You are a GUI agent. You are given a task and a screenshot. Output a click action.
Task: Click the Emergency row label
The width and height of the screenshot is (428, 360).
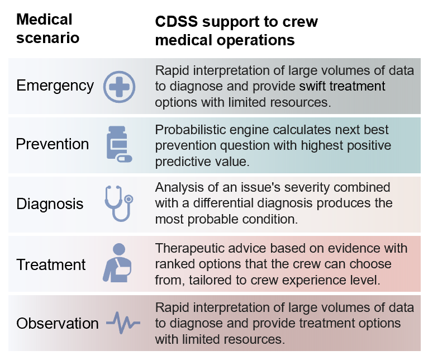point(55,86)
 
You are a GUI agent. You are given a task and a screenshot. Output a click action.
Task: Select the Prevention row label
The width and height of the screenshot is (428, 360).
point(52,144)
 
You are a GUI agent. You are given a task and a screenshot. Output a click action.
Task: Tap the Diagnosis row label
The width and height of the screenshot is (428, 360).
point(50,203)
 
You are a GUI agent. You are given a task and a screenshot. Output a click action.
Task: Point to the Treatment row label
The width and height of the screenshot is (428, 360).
point(51,264)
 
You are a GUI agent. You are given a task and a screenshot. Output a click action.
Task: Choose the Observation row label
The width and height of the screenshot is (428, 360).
point(57,323)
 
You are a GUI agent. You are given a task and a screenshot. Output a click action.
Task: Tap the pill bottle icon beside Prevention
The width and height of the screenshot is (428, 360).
point(119,144)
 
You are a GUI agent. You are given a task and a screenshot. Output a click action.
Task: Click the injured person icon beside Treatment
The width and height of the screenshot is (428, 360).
point(118,263)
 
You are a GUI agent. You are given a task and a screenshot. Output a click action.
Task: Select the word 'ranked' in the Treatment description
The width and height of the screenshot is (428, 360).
point(174,263)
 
